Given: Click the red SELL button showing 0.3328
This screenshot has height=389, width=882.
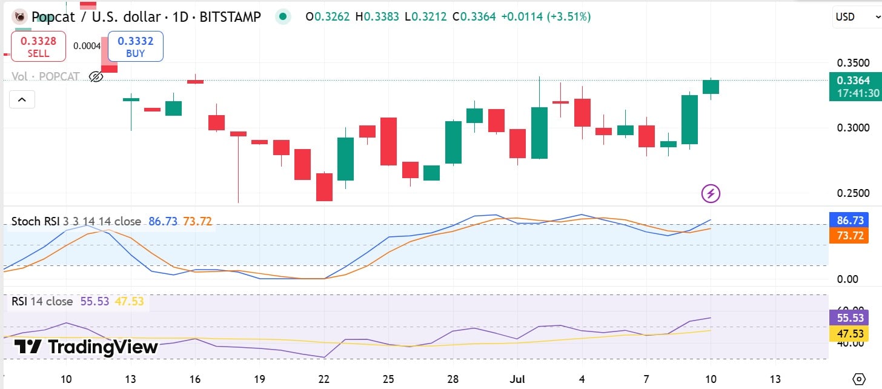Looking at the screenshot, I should pyautogui.click(x=38, y=47).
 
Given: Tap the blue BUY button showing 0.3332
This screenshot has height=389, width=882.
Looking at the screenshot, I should pyautogui.click(x=135, y=47).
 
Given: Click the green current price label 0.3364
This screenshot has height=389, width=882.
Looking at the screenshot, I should pyautogui.click(x=853, y=81).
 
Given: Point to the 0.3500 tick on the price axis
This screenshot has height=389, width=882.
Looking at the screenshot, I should pyautogui.click(x=853, y=63).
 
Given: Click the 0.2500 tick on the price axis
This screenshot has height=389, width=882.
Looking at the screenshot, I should pyautogui.click(x=853, y=193).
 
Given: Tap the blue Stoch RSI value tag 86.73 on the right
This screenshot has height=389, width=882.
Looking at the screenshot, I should pyautogui.click(x=849, y=220).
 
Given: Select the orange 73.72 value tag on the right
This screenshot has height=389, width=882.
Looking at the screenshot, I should pyautogui.click(x=849, y=236).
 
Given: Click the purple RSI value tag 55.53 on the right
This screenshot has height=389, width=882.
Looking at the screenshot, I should pyautogui.click(x=849, y=318).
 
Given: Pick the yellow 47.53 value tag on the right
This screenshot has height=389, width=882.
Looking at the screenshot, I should pyautogui.click(x=849, y=334).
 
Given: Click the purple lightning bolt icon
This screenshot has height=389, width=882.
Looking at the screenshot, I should pyautogui.click(x=711, y=194).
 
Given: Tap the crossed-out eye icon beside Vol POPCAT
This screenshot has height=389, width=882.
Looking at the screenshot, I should pyautogui.click(x=96, y=76).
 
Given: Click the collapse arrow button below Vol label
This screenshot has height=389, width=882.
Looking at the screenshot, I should pyautogui.click(x=22, y=99).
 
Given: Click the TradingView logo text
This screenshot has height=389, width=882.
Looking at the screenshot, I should pyautogui.click(x=86, y=347).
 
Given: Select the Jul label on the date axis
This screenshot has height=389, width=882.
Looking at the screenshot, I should pyautogui.click(x=517, y=379).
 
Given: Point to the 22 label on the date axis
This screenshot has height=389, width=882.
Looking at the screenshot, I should pyautogui.click(x=324, y=379).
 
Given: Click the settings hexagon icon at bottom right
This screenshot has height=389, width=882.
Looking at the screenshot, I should pyautogui.click(x=858, y=379).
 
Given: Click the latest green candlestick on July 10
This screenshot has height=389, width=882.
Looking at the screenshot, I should pyautogui.click(x=711, y=87).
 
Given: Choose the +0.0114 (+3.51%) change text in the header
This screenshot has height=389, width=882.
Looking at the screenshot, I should pyautogui.click(x=545, y=17).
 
